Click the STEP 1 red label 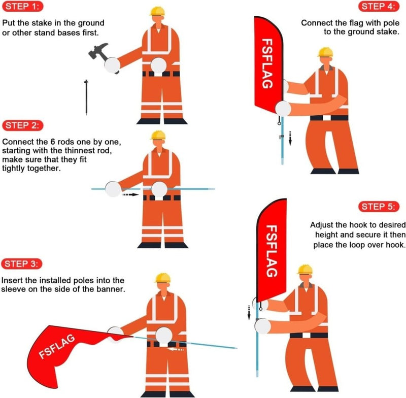pyautogui.click(x=22, y=7)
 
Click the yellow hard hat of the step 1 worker pyautogui.click(x=159, y=11)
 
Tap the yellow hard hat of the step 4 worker pyautogui.click(x=325, y=52)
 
